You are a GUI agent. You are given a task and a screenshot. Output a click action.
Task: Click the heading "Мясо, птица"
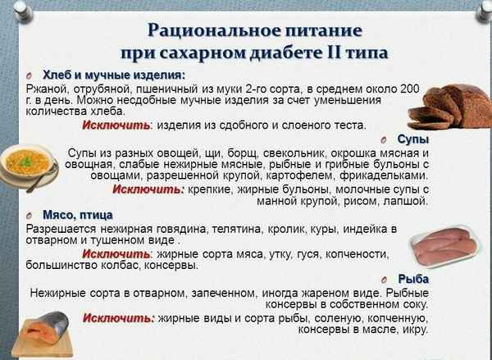click(73, 214)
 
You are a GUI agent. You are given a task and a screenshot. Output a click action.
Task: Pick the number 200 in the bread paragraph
click(408, 88)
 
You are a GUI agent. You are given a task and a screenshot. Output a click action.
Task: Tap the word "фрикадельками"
click(386, 175)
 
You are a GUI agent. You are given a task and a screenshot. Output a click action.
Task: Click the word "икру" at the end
click(414, 330)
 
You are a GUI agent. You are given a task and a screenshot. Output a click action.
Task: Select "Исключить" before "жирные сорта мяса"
click(116, 253)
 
